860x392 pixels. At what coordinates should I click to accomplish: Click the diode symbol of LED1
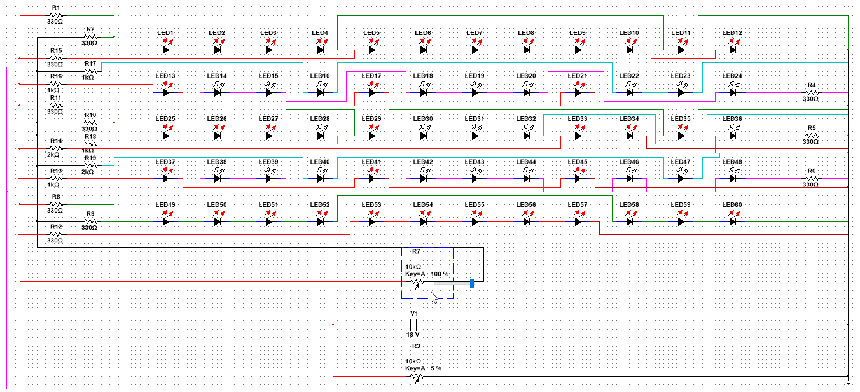click(166, 49)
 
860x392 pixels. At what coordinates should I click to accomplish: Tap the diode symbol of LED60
click(732, 221)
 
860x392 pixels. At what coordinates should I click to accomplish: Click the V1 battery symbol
click(414, 325)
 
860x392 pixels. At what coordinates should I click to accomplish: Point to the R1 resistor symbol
click(55, 15)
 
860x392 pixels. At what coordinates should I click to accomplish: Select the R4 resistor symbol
click(811, 92)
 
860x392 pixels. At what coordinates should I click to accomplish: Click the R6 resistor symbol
click(811, 179)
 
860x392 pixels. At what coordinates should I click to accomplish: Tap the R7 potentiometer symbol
click(417, 281)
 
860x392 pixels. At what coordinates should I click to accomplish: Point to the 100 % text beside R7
click(440, 274)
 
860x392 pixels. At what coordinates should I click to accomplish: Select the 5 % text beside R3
click(436, 368)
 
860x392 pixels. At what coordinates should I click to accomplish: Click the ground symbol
click(849, 379)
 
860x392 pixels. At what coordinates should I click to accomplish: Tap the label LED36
click(732, 119)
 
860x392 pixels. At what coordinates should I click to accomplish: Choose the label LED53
click(372, 205)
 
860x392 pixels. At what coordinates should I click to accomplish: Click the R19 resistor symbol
click(90, 165)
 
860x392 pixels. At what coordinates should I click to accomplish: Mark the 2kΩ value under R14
click(53, 154)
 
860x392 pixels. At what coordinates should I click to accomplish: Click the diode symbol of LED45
click(578, 179)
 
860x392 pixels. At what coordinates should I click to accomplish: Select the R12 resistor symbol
click(55, 234)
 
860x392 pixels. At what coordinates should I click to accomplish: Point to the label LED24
click(732, 76)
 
